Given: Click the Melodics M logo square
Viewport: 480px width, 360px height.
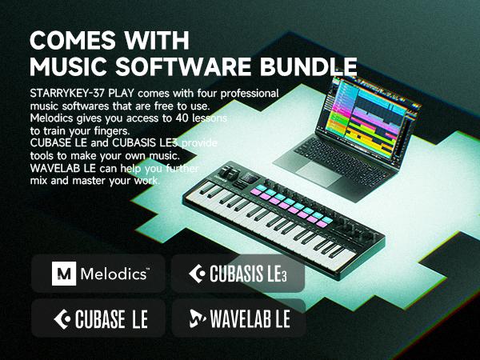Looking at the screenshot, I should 62,274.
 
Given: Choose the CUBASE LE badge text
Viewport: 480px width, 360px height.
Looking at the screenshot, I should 113,320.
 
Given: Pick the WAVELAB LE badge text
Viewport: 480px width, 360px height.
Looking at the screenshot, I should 250,320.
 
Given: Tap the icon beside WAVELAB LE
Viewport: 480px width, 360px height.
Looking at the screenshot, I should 196,320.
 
